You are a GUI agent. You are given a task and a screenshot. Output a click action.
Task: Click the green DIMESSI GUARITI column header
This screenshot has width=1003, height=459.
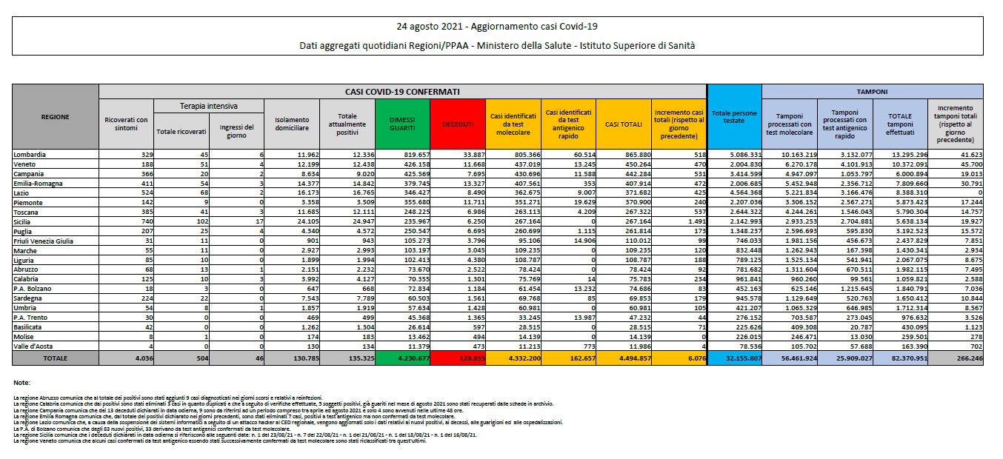click(x=402, y=124)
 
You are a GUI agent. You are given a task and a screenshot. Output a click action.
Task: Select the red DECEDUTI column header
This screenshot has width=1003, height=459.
click(x=458, y=124)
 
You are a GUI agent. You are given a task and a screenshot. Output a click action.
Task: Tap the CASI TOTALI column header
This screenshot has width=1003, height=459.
click(x=624, y=124)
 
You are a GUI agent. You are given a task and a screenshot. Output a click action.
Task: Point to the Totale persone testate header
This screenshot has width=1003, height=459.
click(x=733, y=116)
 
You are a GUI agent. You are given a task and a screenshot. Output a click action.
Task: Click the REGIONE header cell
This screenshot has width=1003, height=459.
click(x=56, y=116)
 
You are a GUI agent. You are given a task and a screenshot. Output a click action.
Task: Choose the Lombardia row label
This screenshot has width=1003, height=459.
click(x=30, y=154)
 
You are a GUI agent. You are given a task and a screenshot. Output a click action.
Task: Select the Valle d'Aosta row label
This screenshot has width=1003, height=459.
click(x=33, y=345)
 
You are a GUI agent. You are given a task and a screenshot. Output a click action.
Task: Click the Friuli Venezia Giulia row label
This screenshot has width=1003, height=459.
click(x=44, y=240)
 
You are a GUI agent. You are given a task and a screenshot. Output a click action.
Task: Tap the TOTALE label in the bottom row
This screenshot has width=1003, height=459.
click(x=56, y=358)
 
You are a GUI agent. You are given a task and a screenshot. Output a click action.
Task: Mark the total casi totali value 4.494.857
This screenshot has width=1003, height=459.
click(x=624, y=358)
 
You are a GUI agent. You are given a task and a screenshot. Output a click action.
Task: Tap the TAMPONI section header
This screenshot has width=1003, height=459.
click(x=872, y=91)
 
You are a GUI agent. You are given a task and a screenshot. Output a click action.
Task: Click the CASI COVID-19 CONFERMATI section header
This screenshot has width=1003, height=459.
click(x=402, y=91)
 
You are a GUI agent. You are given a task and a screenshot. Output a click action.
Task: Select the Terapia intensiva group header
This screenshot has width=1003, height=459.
click(x=209, y=107)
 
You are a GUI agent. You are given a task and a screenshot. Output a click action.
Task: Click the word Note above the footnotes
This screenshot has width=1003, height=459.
click(x=21, y=382)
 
